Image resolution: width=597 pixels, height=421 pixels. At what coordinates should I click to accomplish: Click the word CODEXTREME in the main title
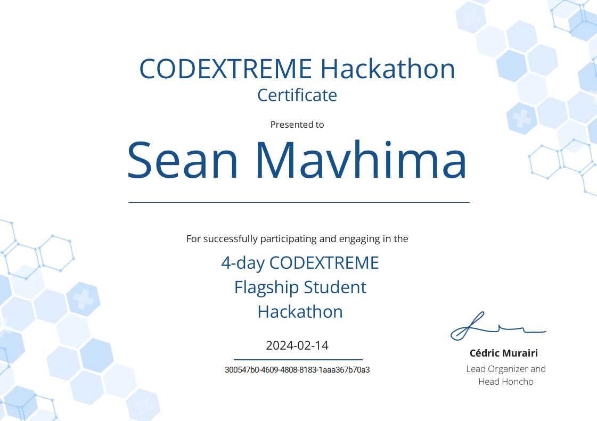tap(225, 69)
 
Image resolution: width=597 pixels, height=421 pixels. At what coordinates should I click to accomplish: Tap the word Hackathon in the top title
tap(388, 69)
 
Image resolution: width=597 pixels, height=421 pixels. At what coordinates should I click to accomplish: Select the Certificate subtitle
tap(297, 95)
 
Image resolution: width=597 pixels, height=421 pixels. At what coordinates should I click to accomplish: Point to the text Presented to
tap(297, 125)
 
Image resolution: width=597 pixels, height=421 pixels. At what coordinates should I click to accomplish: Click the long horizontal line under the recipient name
tap(299, 202)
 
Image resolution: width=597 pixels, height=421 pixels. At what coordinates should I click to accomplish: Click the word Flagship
tap(261, 287)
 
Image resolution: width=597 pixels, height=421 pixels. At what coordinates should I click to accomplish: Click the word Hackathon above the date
tap(300, 312)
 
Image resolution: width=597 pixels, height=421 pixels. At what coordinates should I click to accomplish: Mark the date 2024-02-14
tap(297, 345)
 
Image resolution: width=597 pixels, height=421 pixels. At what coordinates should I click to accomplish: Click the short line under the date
tap(298, 360)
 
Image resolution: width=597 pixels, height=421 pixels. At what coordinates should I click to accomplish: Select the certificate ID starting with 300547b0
tap(297, 370)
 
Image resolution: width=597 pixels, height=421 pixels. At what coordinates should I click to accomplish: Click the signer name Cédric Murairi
tap(503, 353)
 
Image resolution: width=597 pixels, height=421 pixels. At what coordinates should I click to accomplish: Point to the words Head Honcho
tap(505, 382)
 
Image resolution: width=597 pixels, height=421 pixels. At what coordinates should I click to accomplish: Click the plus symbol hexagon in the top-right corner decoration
tap(522, 118)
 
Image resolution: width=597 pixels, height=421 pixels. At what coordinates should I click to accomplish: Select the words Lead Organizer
tap(490, 369)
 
